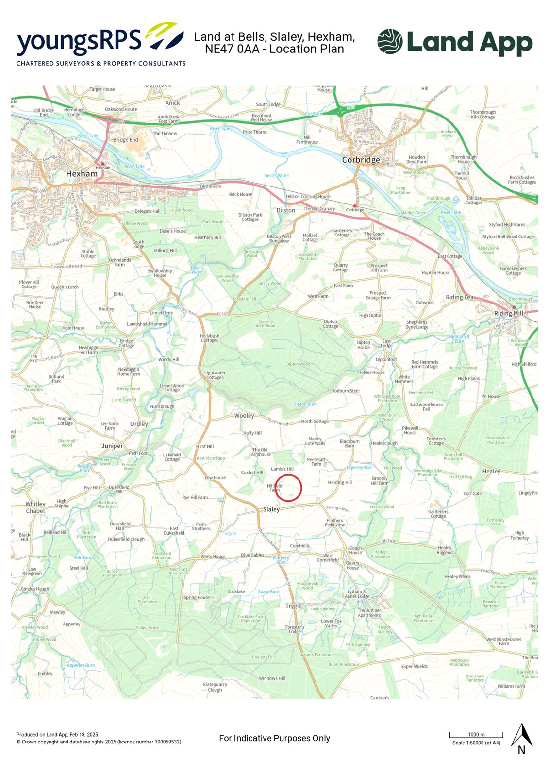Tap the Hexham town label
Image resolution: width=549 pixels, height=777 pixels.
[x=82, y=174]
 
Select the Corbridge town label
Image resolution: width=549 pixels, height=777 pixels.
[x=361, y=160]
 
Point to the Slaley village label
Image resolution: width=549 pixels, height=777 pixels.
[x=271, y=509]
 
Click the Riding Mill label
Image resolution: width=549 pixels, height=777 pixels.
[x=509, y=313]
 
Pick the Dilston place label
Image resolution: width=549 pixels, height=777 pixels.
[x=285, y=210]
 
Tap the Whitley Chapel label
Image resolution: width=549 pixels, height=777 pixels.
[x=35, y=507]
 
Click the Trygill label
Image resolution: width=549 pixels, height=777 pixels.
[x=294, y=606]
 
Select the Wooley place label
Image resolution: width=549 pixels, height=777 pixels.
[x=244, y=416]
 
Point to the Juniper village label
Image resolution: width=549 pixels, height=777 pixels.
[x=112, y=446]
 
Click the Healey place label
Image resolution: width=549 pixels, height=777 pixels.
[x=491, y=471]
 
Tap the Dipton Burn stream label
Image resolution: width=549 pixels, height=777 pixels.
[x=305, y=404]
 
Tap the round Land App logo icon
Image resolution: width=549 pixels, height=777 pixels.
[x=390, y=41]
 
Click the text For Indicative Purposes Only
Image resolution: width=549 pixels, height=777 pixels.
[x=274, y=738]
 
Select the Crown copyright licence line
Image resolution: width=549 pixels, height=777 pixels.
[x=99, y=742]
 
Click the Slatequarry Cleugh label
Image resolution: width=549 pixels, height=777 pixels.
[x=215, y=687]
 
